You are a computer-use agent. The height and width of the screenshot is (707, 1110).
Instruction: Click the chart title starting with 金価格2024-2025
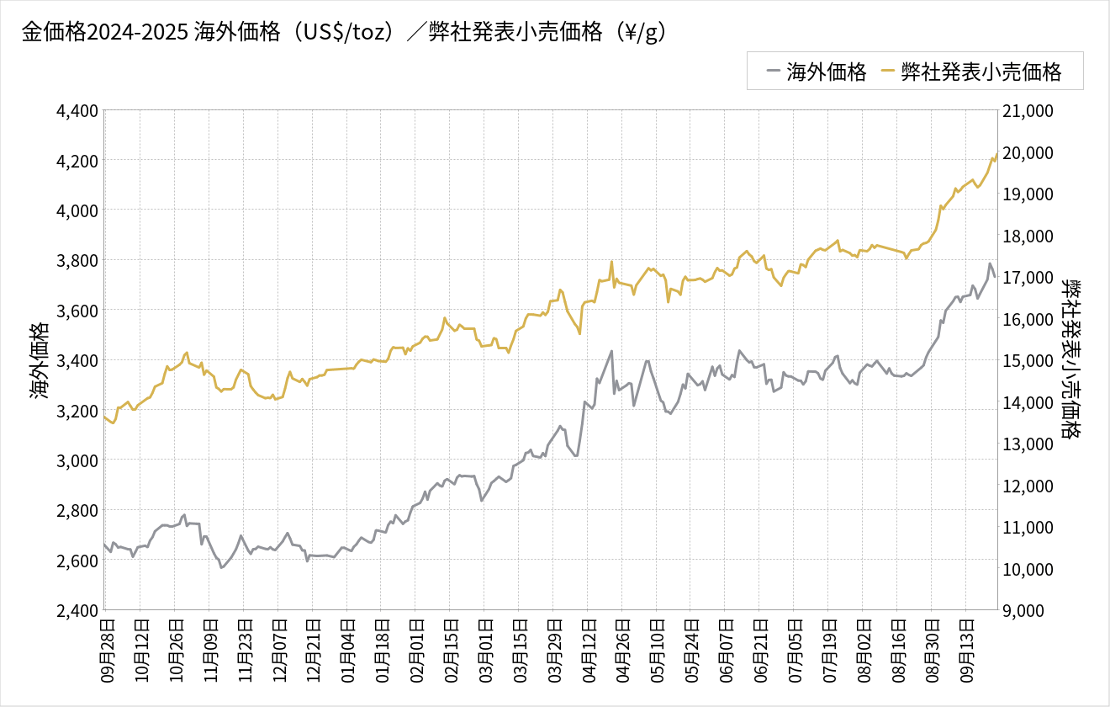pyautogui.click(x=344, y=32)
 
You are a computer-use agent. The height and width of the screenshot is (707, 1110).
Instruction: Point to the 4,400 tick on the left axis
pyautogui.click(x=77, y=110)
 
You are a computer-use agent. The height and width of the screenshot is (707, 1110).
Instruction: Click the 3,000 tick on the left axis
pyautogui.click(x=77, y=460)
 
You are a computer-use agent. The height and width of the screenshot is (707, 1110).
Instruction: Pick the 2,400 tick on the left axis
pyautogui.click(x=77, y=610)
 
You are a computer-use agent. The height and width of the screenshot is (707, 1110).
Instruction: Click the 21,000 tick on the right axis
pyautogui.click(x=1028, y=110)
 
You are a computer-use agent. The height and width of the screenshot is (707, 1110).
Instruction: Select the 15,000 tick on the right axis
pyautogui.click(x=1028, y=360)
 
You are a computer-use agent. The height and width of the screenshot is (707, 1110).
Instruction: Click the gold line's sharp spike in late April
pyautogui.click(x=611, y=261)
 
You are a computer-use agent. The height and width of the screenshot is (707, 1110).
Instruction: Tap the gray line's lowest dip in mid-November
pyautogui.click(x=221, y=567)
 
